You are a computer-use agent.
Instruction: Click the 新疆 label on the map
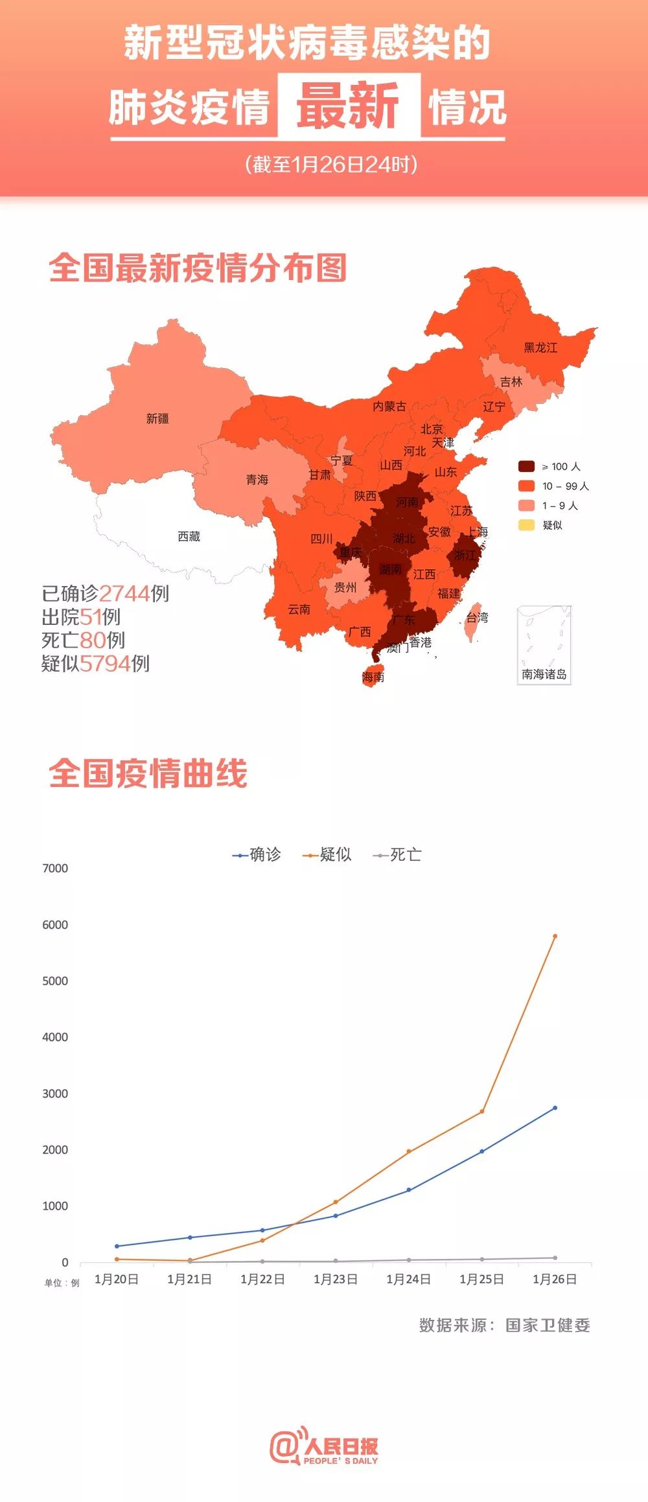157,419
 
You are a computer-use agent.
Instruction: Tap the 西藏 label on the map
189,536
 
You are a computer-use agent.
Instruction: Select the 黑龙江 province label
540,347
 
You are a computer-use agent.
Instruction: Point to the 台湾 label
478,617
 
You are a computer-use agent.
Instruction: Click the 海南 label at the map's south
373,677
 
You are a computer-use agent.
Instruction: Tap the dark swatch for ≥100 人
526,466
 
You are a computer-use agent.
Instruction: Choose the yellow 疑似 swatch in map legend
526,525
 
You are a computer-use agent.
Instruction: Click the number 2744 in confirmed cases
124,593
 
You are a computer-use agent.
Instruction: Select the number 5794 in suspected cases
105,663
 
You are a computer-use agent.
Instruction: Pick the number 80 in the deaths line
93,640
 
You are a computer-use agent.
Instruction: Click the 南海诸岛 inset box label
544,674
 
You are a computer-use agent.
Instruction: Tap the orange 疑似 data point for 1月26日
555,936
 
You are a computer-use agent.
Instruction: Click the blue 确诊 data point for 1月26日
555,1108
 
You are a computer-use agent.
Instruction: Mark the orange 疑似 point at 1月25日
481,1112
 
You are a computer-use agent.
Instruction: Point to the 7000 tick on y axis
55,868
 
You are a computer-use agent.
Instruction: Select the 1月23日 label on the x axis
335,1279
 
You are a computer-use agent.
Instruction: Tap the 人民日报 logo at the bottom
324,1447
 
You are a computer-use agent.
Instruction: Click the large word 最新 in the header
349,106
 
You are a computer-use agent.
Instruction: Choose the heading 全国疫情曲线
148,773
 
